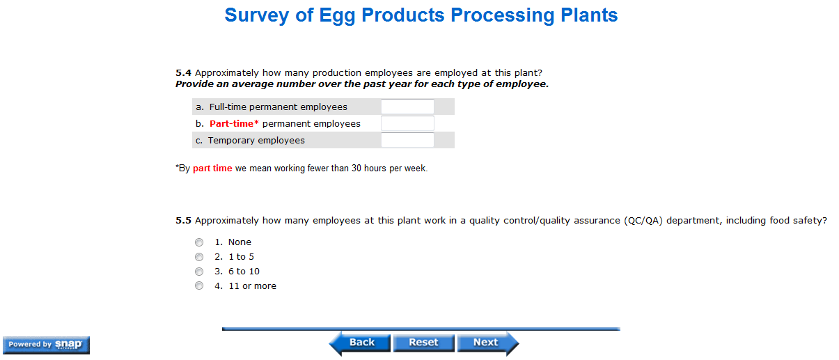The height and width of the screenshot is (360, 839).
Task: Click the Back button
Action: pyautogui.click(x=359, y=343)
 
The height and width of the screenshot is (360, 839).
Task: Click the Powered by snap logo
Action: pyautogui.click(x=46, y=345)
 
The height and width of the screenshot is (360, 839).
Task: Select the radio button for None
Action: pyautogui.click(x=199, y=242)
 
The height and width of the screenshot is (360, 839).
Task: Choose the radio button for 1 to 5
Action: pyautogui.click(x=199, y=257)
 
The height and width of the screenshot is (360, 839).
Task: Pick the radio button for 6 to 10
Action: pyautogui.click(x=199, y=272)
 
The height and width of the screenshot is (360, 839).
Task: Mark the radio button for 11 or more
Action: pyautogui.click(x=199, y=285)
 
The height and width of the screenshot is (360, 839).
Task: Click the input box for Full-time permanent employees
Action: pyautogui.click(x=407, y=107)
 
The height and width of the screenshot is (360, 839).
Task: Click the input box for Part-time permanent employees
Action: pyautogui.click(x=407, y=123)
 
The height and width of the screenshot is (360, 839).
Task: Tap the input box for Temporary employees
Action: pyautogui.click(x=407, y=140)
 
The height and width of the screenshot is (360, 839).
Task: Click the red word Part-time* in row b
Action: pyautogui.click(x=234, y=124)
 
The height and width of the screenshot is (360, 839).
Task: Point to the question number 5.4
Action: pyautogui.click(x=183, y=72)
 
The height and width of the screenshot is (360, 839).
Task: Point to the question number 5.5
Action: pyautogui.click(x=183, y=221)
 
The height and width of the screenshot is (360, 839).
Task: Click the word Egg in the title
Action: pyautogui.click(x=337, y=16)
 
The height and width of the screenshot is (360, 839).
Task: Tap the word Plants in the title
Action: pyautogui.click(x=589, y=15)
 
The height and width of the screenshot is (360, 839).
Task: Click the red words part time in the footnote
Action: pyautogui.click(x=212, y=169)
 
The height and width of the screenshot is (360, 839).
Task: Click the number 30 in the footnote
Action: pyautogui.click(x=356, y=169)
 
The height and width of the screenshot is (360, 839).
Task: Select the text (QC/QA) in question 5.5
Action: pyautogui.click(x=643, y=221)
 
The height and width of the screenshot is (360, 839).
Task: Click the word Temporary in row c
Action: pyautogui.click(x=231, y=141)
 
